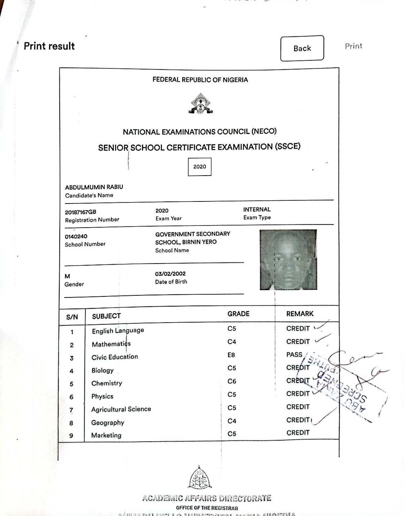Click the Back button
(x=302, y=48)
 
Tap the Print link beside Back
(x=353, y=46)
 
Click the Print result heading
(x=49, y=46)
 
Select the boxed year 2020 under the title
(x=200, y=167)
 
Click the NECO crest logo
(x=201, y=103)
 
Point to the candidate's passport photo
(x=288, y=259)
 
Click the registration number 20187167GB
(x=81, y=212)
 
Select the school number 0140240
(x=76, y=236)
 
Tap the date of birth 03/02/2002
(x=170, y=274)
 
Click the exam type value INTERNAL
(x=257, y=209)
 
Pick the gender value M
(x=67, y=276)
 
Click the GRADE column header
(x=238, y=314)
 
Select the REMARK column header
(x=300, y=314)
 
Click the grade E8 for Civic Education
(x=231, y=355)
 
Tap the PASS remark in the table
(x=294, y=355)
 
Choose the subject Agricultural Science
(x=121, y=409)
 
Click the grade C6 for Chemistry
(x=232, y=381)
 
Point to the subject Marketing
(x=106, y=435)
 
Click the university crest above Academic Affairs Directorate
(x=200, y=478)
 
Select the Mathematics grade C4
(x=232, y=342)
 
